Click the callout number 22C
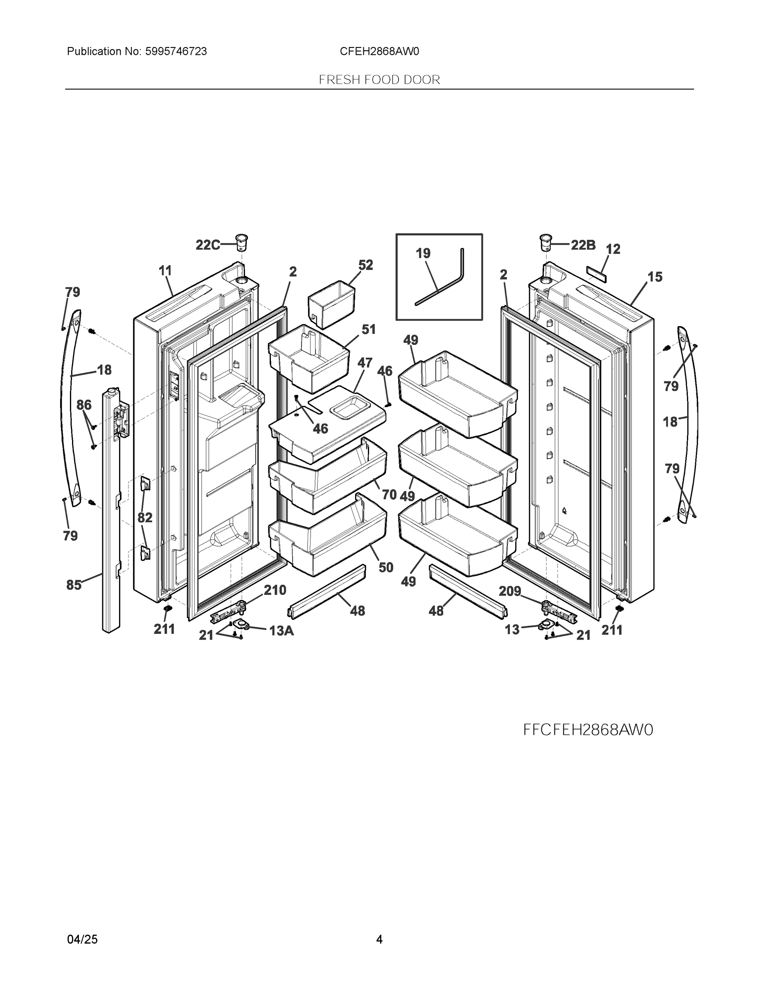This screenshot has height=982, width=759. point(208,245)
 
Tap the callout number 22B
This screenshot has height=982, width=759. point(583,245)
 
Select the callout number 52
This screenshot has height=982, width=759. point(365,265)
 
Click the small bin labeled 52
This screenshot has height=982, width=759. point(331,304)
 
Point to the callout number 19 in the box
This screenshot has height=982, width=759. point(423,254)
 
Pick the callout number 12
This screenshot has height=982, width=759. point(613,249)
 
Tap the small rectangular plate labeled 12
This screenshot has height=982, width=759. point(596,273)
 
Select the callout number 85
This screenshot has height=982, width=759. point(74,585)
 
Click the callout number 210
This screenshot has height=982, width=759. point(275,590)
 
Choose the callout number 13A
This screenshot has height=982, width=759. point(282,631)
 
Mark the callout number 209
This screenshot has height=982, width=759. point(510,591)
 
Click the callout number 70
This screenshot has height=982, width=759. point(389,495)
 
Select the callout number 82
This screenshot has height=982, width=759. point(145,518)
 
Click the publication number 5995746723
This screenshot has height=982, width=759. point(176,52)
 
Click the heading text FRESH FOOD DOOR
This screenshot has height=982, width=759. point(379,80)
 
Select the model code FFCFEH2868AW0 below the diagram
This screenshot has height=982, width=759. point(588,730)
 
